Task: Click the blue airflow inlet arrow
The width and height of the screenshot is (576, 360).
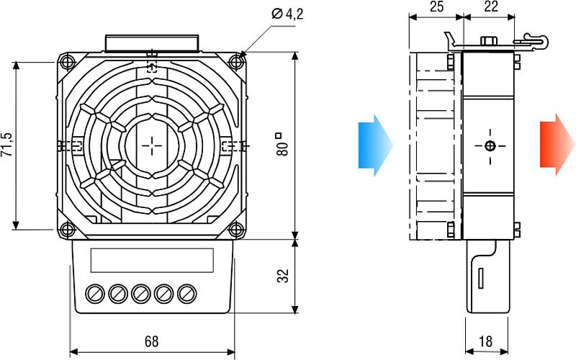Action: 374,145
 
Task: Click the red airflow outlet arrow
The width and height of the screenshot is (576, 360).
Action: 557,145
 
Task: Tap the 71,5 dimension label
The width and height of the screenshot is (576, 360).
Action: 7,145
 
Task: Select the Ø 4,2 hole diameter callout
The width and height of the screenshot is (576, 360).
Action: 287,14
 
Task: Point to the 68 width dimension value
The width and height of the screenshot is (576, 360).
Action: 151,341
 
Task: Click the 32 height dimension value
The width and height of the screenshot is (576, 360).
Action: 283,276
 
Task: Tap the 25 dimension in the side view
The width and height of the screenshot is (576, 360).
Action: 436,6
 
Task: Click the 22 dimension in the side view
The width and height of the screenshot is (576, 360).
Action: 491,6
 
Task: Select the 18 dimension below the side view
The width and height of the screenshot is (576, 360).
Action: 485,341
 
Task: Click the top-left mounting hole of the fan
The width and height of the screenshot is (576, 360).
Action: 68,61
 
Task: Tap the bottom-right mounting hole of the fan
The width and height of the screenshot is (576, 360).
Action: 235,230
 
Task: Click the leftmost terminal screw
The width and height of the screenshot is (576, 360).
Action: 95,294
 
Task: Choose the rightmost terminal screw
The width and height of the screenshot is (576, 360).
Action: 187,294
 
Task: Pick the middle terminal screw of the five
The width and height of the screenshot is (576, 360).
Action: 141,294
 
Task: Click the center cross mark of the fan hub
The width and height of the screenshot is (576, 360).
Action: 152,146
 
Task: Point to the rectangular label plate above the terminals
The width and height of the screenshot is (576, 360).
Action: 152,260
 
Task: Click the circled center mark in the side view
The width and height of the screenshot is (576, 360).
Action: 490,146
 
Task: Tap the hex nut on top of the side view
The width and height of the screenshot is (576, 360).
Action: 488,40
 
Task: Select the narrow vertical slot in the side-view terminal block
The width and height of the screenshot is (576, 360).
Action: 480,278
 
